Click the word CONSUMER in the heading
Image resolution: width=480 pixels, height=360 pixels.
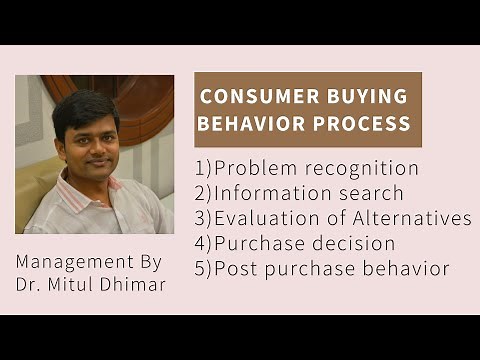pos(250,98)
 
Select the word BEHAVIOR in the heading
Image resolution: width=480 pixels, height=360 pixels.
pos(246,124)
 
